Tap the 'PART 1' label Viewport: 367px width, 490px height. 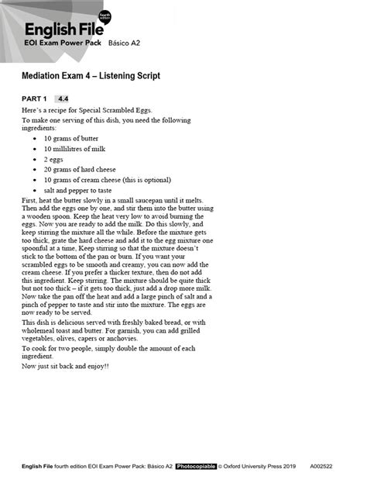(34, 99)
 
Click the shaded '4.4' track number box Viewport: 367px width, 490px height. (63, 99)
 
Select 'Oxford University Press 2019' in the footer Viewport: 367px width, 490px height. (266, 467)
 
